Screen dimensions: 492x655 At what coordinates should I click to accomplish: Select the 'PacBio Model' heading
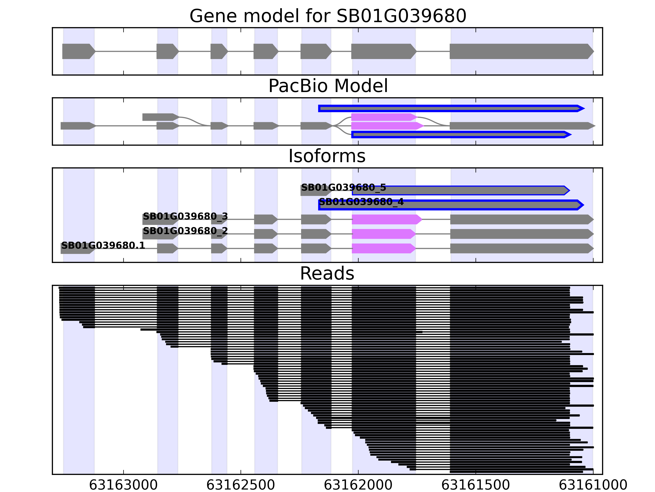328,86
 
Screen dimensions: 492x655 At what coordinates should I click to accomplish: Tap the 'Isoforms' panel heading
327,156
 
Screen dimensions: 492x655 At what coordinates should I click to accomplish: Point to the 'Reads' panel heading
327,273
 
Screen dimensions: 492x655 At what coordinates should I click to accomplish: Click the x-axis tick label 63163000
123,485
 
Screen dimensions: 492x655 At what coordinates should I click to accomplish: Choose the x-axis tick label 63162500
241,485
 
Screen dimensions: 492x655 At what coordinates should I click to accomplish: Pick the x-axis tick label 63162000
358,485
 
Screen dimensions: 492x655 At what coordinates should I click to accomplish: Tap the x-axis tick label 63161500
475,485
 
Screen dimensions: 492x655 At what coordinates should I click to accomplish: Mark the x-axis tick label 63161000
593,485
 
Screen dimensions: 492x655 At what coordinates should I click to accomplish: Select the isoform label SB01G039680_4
361,202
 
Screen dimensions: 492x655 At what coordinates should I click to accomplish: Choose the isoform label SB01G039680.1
103,245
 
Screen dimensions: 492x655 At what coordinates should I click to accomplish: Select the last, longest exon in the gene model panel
521,51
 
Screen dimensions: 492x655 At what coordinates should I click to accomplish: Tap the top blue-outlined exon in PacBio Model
450,108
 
